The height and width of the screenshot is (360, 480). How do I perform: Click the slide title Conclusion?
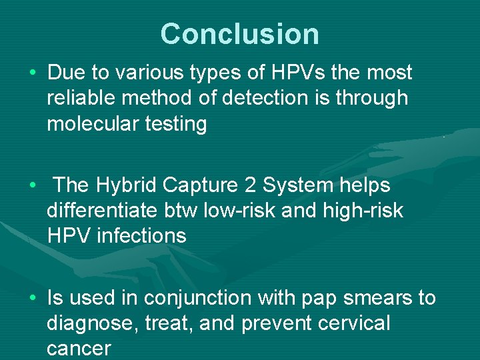[x=239, y=34]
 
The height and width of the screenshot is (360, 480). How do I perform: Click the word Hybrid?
[x=128, y=185]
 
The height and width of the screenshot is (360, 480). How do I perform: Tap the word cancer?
[x=78, y=348]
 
